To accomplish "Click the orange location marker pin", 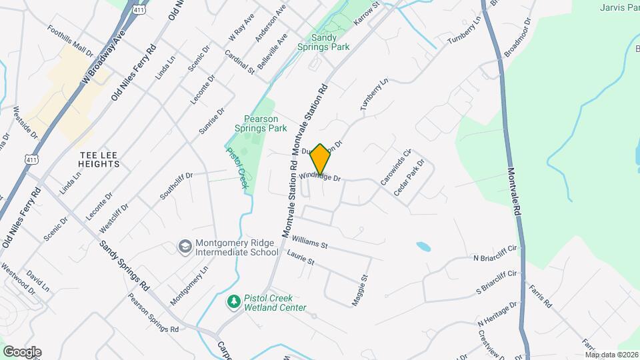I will (321, 159).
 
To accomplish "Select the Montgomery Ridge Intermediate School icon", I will (183, 248).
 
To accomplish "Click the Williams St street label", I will (310, 241).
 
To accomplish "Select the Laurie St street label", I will (300, 257).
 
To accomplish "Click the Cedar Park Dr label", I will (409, 177).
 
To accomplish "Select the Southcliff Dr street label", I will (176, 187).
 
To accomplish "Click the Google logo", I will (22, 351).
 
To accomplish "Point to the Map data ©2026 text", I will (611, 355).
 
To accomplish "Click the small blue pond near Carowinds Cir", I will (423, 247).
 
